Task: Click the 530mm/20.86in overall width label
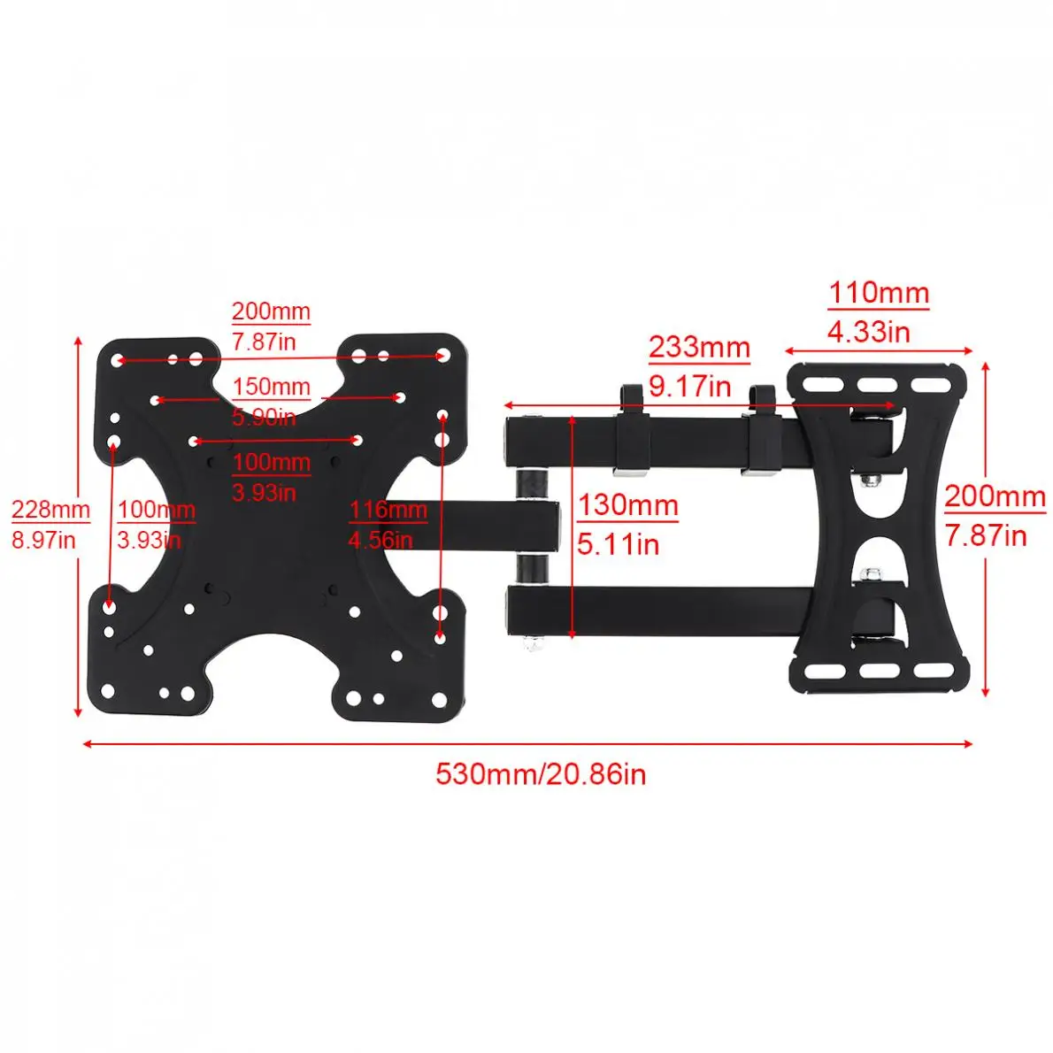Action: pos(540,774)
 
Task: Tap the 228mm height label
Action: pos(50,510)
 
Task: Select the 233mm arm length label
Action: pos(699,347)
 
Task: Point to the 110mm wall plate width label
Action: pos(878,292)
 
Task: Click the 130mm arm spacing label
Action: pos(627,506)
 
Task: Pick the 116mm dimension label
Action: pos(388,510)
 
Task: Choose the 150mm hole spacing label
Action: pos(271,387)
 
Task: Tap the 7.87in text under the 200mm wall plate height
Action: pos(985,535)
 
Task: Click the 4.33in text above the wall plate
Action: pos(868,332)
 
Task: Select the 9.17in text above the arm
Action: pos(689,386)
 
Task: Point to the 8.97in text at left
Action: pos(43,539)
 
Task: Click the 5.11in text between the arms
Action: pos(618,543)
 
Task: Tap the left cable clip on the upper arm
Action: pos(632,432)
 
